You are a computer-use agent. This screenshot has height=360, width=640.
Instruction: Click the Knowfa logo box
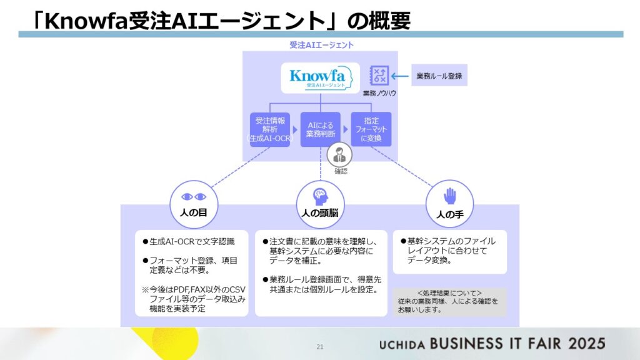pyautogui.click(x=320, y=78)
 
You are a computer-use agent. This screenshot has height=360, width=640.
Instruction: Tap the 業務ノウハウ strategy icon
pyautogui.click(x=379, y=76)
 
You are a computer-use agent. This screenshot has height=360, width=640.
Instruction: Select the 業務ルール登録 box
pyautogui.click(x=439, y=76)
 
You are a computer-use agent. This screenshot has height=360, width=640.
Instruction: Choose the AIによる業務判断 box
pyautogui.click(x=320, y=129)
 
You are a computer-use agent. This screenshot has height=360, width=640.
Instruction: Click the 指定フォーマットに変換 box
pyautogui.click(x=371, y=129)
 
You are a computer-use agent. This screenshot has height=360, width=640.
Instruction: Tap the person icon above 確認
pyautogui.click(x=340, y=154)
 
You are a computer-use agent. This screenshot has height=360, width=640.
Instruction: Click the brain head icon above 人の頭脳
pyautogui.click(x=320, y=194)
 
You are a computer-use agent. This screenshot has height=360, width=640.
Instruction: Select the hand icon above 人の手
pyautogui.click(x=449, y=197)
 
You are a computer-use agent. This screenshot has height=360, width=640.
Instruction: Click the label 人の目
pyautogui.click(x=193, y=212)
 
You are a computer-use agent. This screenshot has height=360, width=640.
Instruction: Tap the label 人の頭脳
pyautogui.click(x=320, y=212)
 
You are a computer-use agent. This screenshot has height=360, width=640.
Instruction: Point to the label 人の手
pyautogui.click(x=449, y=214)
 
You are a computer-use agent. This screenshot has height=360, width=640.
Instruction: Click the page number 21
pyautogui.click(x=320, y=346)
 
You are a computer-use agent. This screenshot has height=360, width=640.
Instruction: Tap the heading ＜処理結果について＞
pyautogui.click(x=449, y=292)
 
